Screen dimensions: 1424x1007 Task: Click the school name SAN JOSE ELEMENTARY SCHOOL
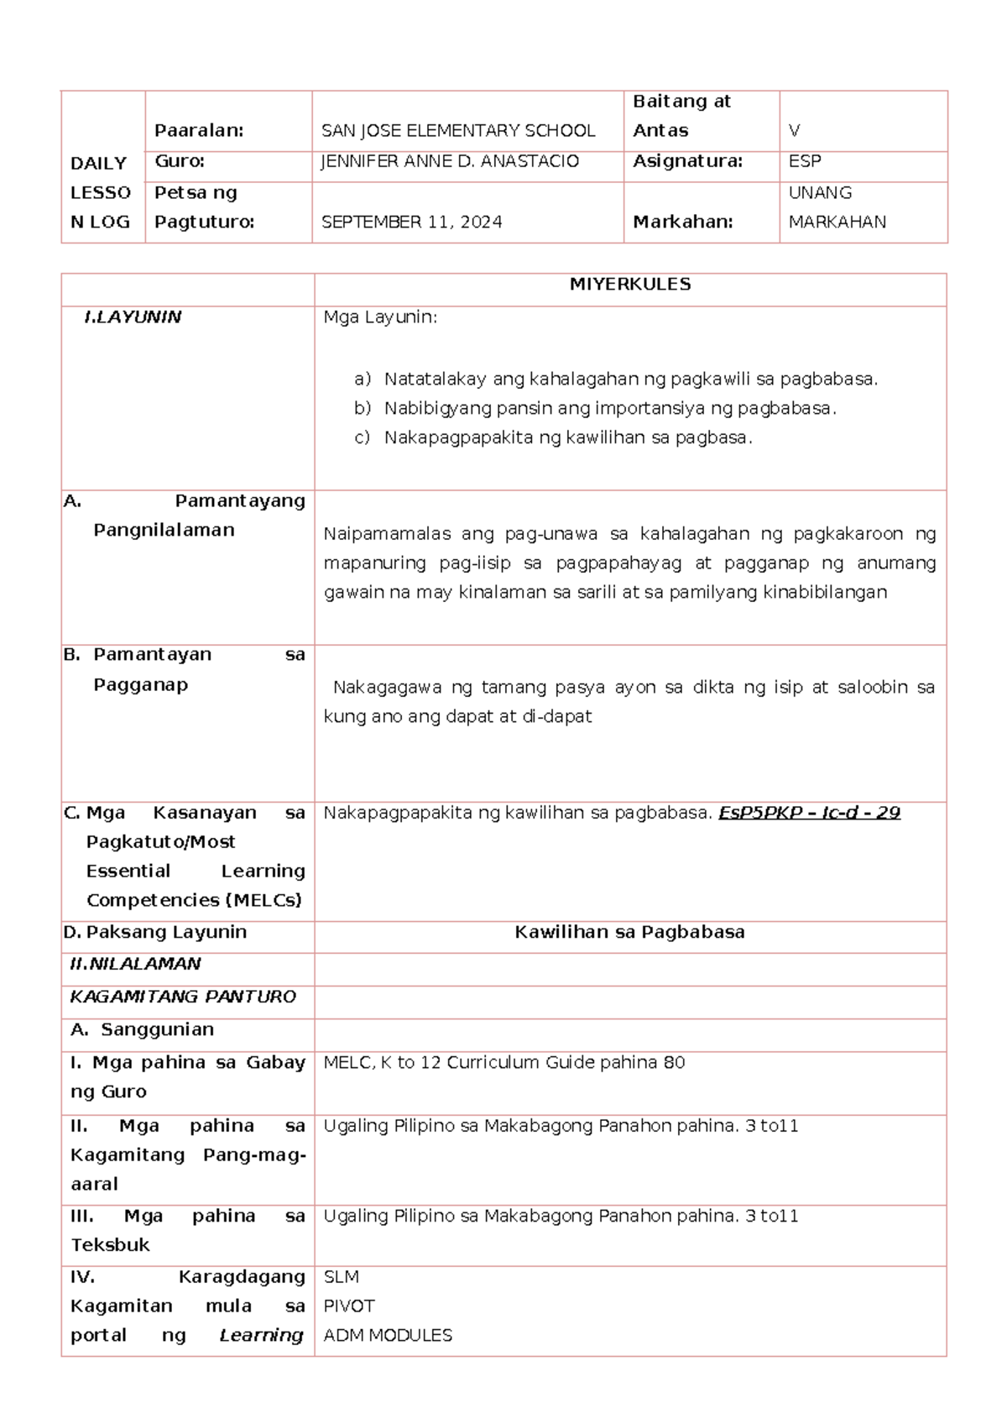tap(458, 131)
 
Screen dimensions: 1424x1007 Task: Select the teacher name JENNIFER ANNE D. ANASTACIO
tap(450, 161)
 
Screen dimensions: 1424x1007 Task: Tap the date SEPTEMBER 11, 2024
tap(411, 222)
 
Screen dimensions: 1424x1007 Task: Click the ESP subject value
tap(804, 161)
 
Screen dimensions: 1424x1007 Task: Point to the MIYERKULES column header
tap(629, 285)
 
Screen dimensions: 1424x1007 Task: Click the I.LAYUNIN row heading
tap(133, 317)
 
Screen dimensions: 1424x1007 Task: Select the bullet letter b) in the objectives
tap(362, 409)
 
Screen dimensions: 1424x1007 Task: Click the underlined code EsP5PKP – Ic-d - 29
tap(809, 813)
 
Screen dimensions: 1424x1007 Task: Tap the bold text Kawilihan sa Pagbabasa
tap(629, 932)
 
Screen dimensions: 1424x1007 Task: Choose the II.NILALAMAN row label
tap(135, 964)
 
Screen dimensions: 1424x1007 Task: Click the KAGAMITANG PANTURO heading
tap(183, 997)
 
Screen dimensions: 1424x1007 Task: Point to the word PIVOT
tap(349, 1306)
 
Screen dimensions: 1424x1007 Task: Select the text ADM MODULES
tap(388, 1336)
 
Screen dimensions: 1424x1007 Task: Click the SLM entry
tap(341, 1277)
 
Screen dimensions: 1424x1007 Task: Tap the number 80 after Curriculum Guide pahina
tap(674, 1063)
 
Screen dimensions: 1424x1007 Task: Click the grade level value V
tap(794, 131)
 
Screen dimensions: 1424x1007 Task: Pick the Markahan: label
tap(682, 222)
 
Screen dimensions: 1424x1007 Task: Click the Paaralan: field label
tap(199, 131)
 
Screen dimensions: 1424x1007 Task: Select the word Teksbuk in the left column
tap(110, 1245)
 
